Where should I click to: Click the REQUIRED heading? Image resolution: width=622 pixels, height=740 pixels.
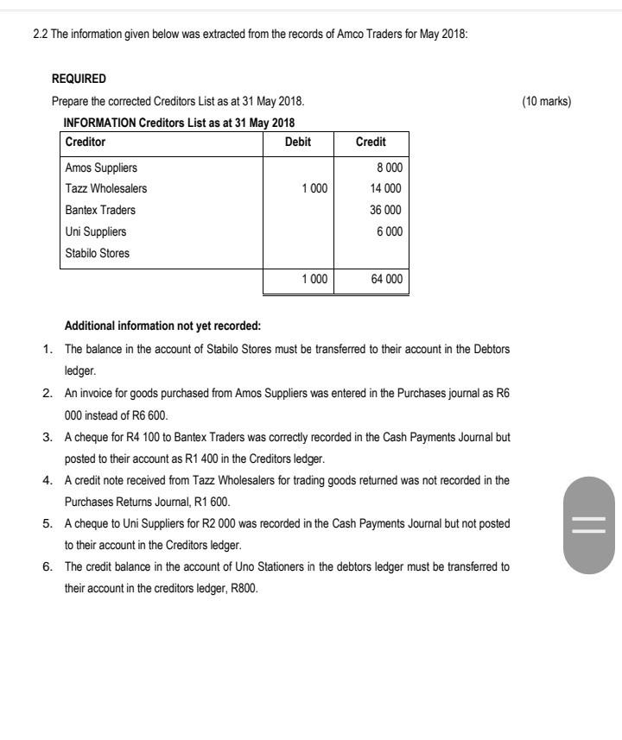79,79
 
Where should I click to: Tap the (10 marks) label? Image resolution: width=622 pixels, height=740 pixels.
546,101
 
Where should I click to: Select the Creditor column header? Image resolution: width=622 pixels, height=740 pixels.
86,142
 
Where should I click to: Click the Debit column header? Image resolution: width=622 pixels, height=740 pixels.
297,142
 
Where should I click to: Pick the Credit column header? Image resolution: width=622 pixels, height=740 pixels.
371,142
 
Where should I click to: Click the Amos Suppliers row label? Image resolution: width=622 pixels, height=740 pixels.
101,168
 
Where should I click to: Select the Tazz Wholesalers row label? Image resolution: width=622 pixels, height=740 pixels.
106,188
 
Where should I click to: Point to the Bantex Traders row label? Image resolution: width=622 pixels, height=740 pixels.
100,210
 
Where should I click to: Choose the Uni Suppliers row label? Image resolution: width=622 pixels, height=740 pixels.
96,231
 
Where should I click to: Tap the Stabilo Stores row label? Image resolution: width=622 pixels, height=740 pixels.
98,253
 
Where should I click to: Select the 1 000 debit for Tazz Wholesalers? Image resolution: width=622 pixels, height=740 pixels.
314,188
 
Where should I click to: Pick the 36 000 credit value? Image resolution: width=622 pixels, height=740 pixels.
385,210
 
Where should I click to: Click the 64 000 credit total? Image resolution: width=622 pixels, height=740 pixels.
385,280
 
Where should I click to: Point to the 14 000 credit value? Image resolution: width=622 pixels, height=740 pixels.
385,188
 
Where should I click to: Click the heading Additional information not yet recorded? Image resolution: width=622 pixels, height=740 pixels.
162,326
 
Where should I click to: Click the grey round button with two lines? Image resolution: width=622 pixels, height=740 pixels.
589,524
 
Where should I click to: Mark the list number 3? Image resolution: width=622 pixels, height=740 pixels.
48,437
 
